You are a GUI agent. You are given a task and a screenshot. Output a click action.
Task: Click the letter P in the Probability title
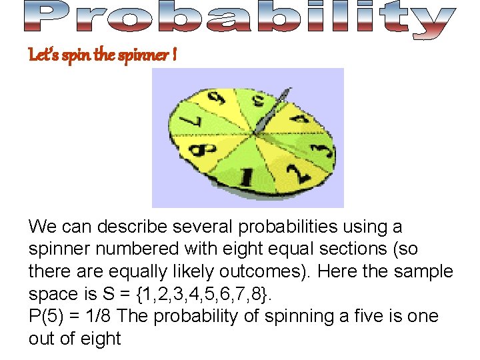coord(48,18)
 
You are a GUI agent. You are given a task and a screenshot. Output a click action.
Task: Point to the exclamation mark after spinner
coord(174,55)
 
